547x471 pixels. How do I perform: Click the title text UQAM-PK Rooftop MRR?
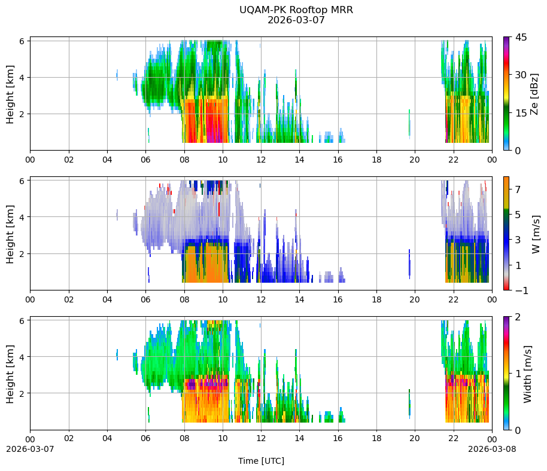pos(296,10)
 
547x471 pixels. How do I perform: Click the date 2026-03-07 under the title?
pos(296,20)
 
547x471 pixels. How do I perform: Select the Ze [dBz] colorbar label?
pos(534,94)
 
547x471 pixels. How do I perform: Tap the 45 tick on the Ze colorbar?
pos(521,37)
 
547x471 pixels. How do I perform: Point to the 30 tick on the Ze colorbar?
pos(521,75)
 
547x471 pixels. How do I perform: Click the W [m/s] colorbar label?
pos(536,234)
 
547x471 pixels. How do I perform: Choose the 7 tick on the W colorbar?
pos(518,189)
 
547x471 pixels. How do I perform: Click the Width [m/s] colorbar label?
pos(527,374)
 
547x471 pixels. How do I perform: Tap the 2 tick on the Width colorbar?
pos(518,317)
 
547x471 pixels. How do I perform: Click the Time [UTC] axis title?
pos(261,461)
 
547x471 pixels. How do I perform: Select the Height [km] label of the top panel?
pos(10,94)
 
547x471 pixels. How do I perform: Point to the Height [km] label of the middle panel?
pos(10,234)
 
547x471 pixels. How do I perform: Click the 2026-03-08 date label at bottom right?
pos(492,449)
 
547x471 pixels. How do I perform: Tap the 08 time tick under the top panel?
pos(184,160)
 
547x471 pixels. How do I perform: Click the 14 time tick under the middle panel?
pos(300,299)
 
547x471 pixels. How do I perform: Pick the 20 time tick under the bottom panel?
pos(415,438)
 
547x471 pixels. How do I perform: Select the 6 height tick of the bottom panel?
pos(22,321)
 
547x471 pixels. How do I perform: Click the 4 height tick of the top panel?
pos(22,78)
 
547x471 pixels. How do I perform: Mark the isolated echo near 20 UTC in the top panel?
pos(409,123)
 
